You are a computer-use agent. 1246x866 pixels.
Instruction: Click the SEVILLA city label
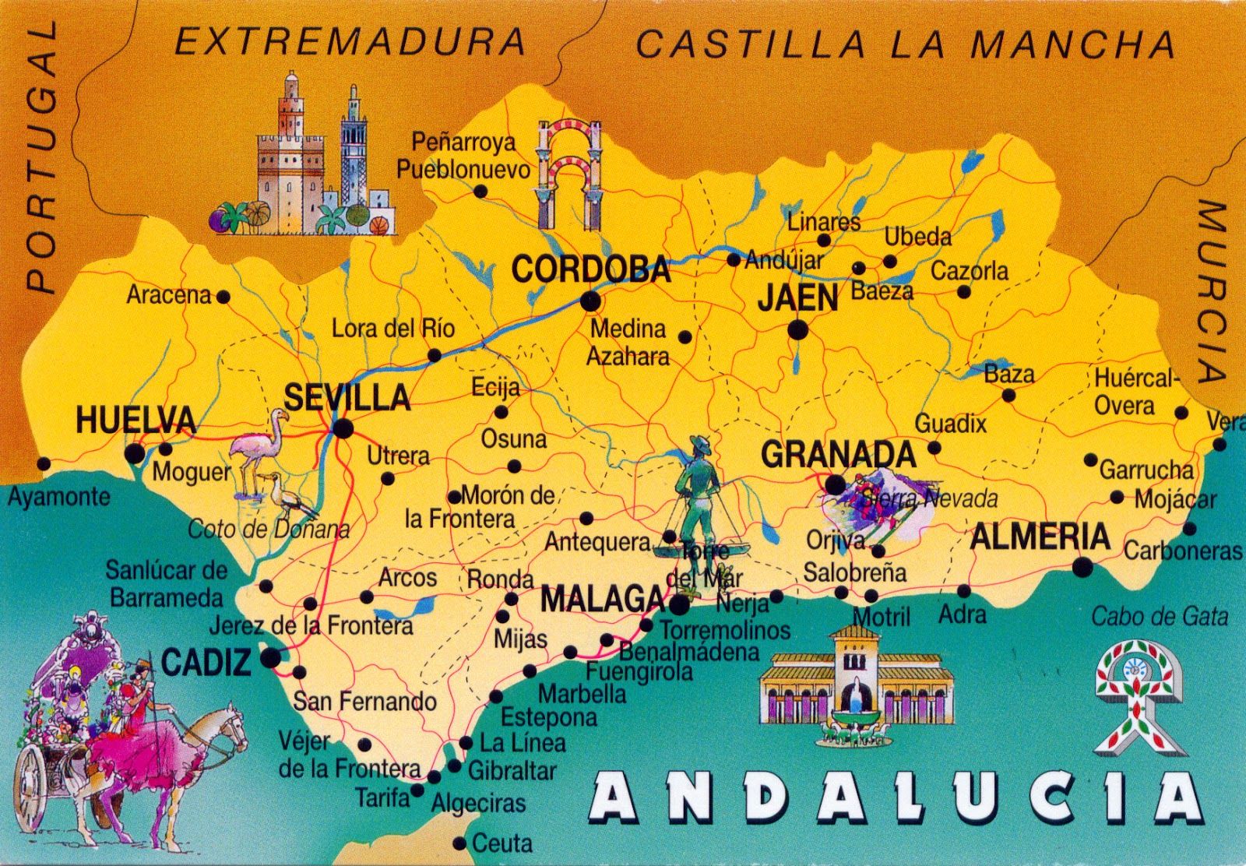coord(347,397)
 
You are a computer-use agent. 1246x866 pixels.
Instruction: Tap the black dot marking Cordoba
coord(591,301)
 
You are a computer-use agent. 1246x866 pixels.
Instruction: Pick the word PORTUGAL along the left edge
coord(41,156)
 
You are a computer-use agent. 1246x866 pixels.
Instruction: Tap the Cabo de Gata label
coord(1159,618)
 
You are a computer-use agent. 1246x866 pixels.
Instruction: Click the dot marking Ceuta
coord(459,843)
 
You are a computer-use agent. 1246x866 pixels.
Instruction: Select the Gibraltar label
coord(512,771)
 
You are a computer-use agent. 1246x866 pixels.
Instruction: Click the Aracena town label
coord(169,295)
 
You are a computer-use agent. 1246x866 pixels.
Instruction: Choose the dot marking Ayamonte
coord(44,464)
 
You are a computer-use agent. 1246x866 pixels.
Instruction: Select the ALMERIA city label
coord(1040,537)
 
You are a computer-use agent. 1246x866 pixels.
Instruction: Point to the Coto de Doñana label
coord(269,530)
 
